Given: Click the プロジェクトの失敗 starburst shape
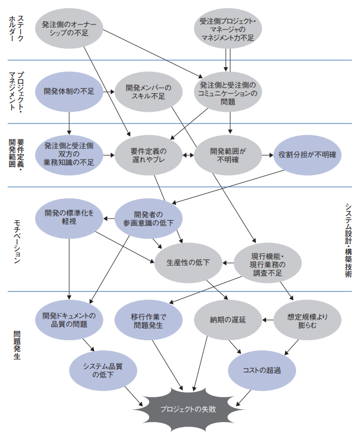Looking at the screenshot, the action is point(188,409).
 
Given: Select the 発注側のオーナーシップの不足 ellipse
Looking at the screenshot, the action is point(69,28).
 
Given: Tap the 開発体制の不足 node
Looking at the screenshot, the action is point(69,92).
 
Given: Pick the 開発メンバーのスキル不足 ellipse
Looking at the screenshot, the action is point(149,92).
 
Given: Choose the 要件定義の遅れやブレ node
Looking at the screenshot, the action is point(149,155).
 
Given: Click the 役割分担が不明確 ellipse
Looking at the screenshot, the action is point(307,155).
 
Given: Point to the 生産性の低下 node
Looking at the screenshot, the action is point(188,263).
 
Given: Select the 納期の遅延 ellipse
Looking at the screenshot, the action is point(228,320).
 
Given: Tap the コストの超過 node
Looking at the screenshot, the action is point(262,371).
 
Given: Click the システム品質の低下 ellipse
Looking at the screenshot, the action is point(103,371).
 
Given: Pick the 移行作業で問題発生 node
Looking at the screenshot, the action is point(149,320).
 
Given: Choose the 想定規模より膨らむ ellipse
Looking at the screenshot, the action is point(307,320).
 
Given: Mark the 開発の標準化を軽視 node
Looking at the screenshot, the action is point(69,218).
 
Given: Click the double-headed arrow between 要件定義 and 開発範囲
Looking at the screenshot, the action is point(188,155).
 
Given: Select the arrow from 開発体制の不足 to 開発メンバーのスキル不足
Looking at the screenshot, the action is point(109,92).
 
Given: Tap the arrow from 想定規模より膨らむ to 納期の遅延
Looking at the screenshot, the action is point(268,320).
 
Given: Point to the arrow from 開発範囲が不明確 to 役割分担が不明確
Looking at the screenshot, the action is point(268,155).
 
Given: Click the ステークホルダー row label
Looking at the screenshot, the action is point(16,28).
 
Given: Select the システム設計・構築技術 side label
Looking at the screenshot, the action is point(348,240).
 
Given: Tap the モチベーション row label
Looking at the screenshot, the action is point(17,241).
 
